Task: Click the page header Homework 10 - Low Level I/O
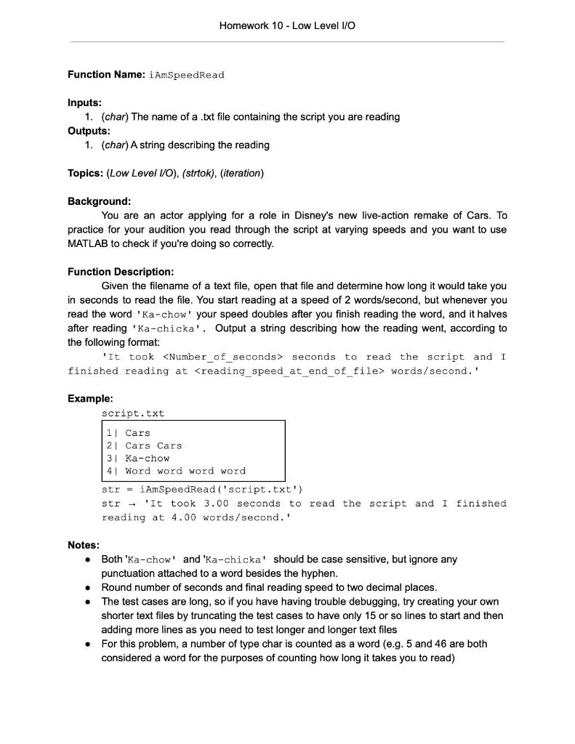coord(287,25)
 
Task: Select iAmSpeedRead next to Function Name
coord(187,75)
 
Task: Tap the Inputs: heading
coord(84,103)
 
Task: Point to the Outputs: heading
coord(89,131)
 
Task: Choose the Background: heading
coord(99,201)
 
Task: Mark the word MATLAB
coord(89,243)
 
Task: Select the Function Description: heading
coord(121,272)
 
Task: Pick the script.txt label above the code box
coord(133,413)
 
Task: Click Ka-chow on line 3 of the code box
coord(148,458)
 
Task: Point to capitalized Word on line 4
coord(137,471)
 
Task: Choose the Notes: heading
coord(84,545)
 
